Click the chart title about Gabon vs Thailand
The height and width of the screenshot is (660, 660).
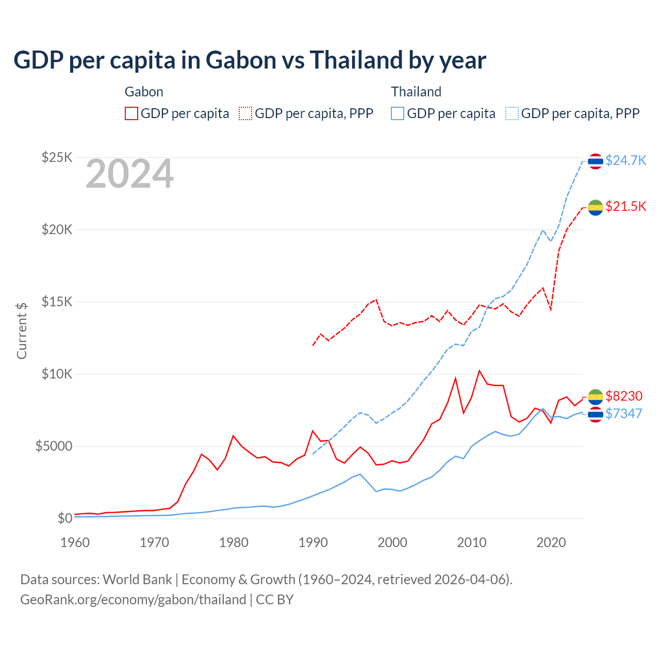(250, 60)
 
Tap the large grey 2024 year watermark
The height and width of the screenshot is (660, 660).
(129, 174)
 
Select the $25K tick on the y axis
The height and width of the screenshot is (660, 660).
(57, 157)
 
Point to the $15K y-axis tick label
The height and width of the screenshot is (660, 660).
(57, 302)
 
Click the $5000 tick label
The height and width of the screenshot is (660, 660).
(54, 446)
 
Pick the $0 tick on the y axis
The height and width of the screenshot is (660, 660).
(64, 518)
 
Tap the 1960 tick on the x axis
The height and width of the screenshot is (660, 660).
(75, 542)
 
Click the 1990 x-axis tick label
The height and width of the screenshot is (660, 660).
(313, 542)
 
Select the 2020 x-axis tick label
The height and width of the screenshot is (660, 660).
(551, 542)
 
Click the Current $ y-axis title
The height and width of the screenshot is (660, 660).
(22, 331)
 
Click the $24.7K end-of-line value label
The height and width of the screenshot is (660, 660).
(625, 160)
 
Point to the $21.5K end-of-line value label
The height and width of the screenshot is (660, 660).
(625, 206)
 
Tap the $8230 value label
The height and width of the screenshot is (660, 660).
(624, 396)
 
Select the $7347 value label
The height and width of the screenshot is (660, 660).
(624, 414)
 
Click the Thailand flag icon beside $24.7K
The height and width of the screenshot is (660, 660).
(596, 161)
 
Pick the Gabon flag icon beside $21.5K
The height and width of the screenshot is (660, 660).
(596, 207)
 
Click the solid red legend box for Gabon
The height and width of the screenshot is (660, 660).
(131, 113)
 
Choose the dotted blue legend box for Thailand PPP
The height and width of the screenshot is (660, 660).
(512, 113)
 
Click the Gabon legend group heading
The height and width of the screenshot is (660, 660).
(144, 92)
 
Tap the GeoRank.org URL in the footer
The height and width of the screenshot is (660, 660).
(133, 600)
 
